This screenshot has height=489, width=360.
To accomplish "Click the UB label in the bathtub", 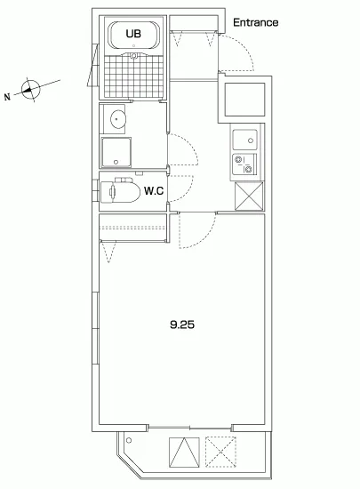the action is pos(133,34).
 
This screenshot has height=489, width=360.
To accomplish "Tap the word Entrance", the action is pos(256,22).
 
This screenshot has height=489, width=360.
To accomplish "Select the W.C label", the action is pos(154,190).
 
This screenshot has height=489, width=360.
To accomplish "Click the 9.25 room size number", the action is pos(182,325).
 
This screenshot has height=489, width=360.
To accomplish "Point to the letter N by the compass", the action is pos(7,97).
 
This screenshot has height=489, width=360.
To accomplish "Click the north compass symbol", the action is pos(31,90).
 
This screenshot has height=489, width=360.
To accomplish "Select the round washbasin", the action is pos(118,119).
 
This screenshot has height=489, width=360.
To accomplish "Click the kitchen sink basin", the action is pos(245,140).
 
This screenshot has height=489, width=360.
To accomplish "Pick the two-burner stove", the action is pos(244,164).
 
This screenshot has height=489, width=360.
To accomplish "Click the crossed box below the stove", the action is pos(249,196).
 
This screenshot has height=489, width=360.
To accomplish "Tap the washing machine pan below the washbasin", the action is pos(116,152).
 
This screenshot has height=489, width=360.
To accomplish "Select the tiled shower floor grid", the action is pos(133,76).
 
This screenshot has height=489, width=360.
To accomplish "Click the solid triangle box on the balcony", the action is pos(184,453).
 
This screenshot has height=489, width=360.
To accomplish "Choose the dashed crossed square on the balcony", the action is pos(220,453).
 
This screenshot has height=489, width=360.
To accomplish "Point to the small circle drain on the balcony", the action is pos(129,441).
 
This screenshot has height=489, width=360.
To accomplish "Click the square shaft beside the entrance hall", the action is pos(244,100).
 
